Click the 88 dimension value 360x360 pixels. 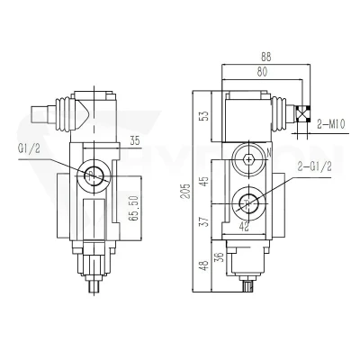pyautogui.click(x=265, y=58)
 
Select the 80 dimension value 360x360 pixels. pyautogui.click(x=262, y=72)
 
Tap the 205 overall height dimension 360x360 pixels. pyautogui.click(x=186, y=191)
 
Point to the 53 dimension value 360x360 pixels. pyautogui.click(x=204, y=116)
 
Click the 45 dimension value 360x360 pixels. pyautogui.click(x=204, y=181)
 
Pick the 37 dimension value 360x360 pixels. pyautogui.click(x=204, y=222)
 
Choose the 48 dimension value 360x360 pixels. pyautogui.click(x=204, y=265)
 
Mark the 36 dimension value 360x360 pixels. pyautogui.click(x=220, y=256)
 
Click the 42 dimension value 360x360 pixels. pyautogui.click(x=245, y=227)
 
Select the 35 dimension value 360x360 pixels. pyautogui.click(x=135, y=140)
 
